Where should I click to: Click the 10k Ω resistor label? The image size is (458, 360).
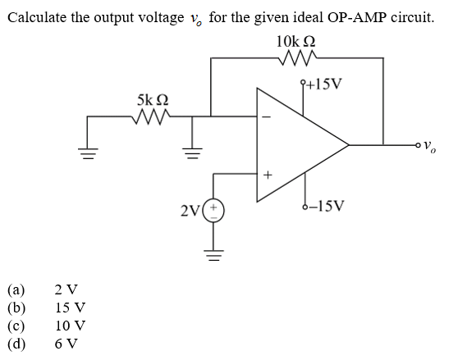coord(296,41)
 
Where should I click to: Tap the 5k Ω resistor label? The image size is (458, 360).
coord(154,101)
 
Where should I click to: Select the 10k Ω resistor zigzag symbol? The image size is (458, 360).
coord(297,58)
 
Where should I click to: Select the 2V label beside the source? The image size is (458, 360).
coord(190,213)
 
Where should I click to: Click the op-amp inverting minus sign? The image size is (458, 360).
coord(264,117)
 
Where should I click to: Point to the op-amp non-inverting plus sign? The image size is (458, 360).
coord(265,174)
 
